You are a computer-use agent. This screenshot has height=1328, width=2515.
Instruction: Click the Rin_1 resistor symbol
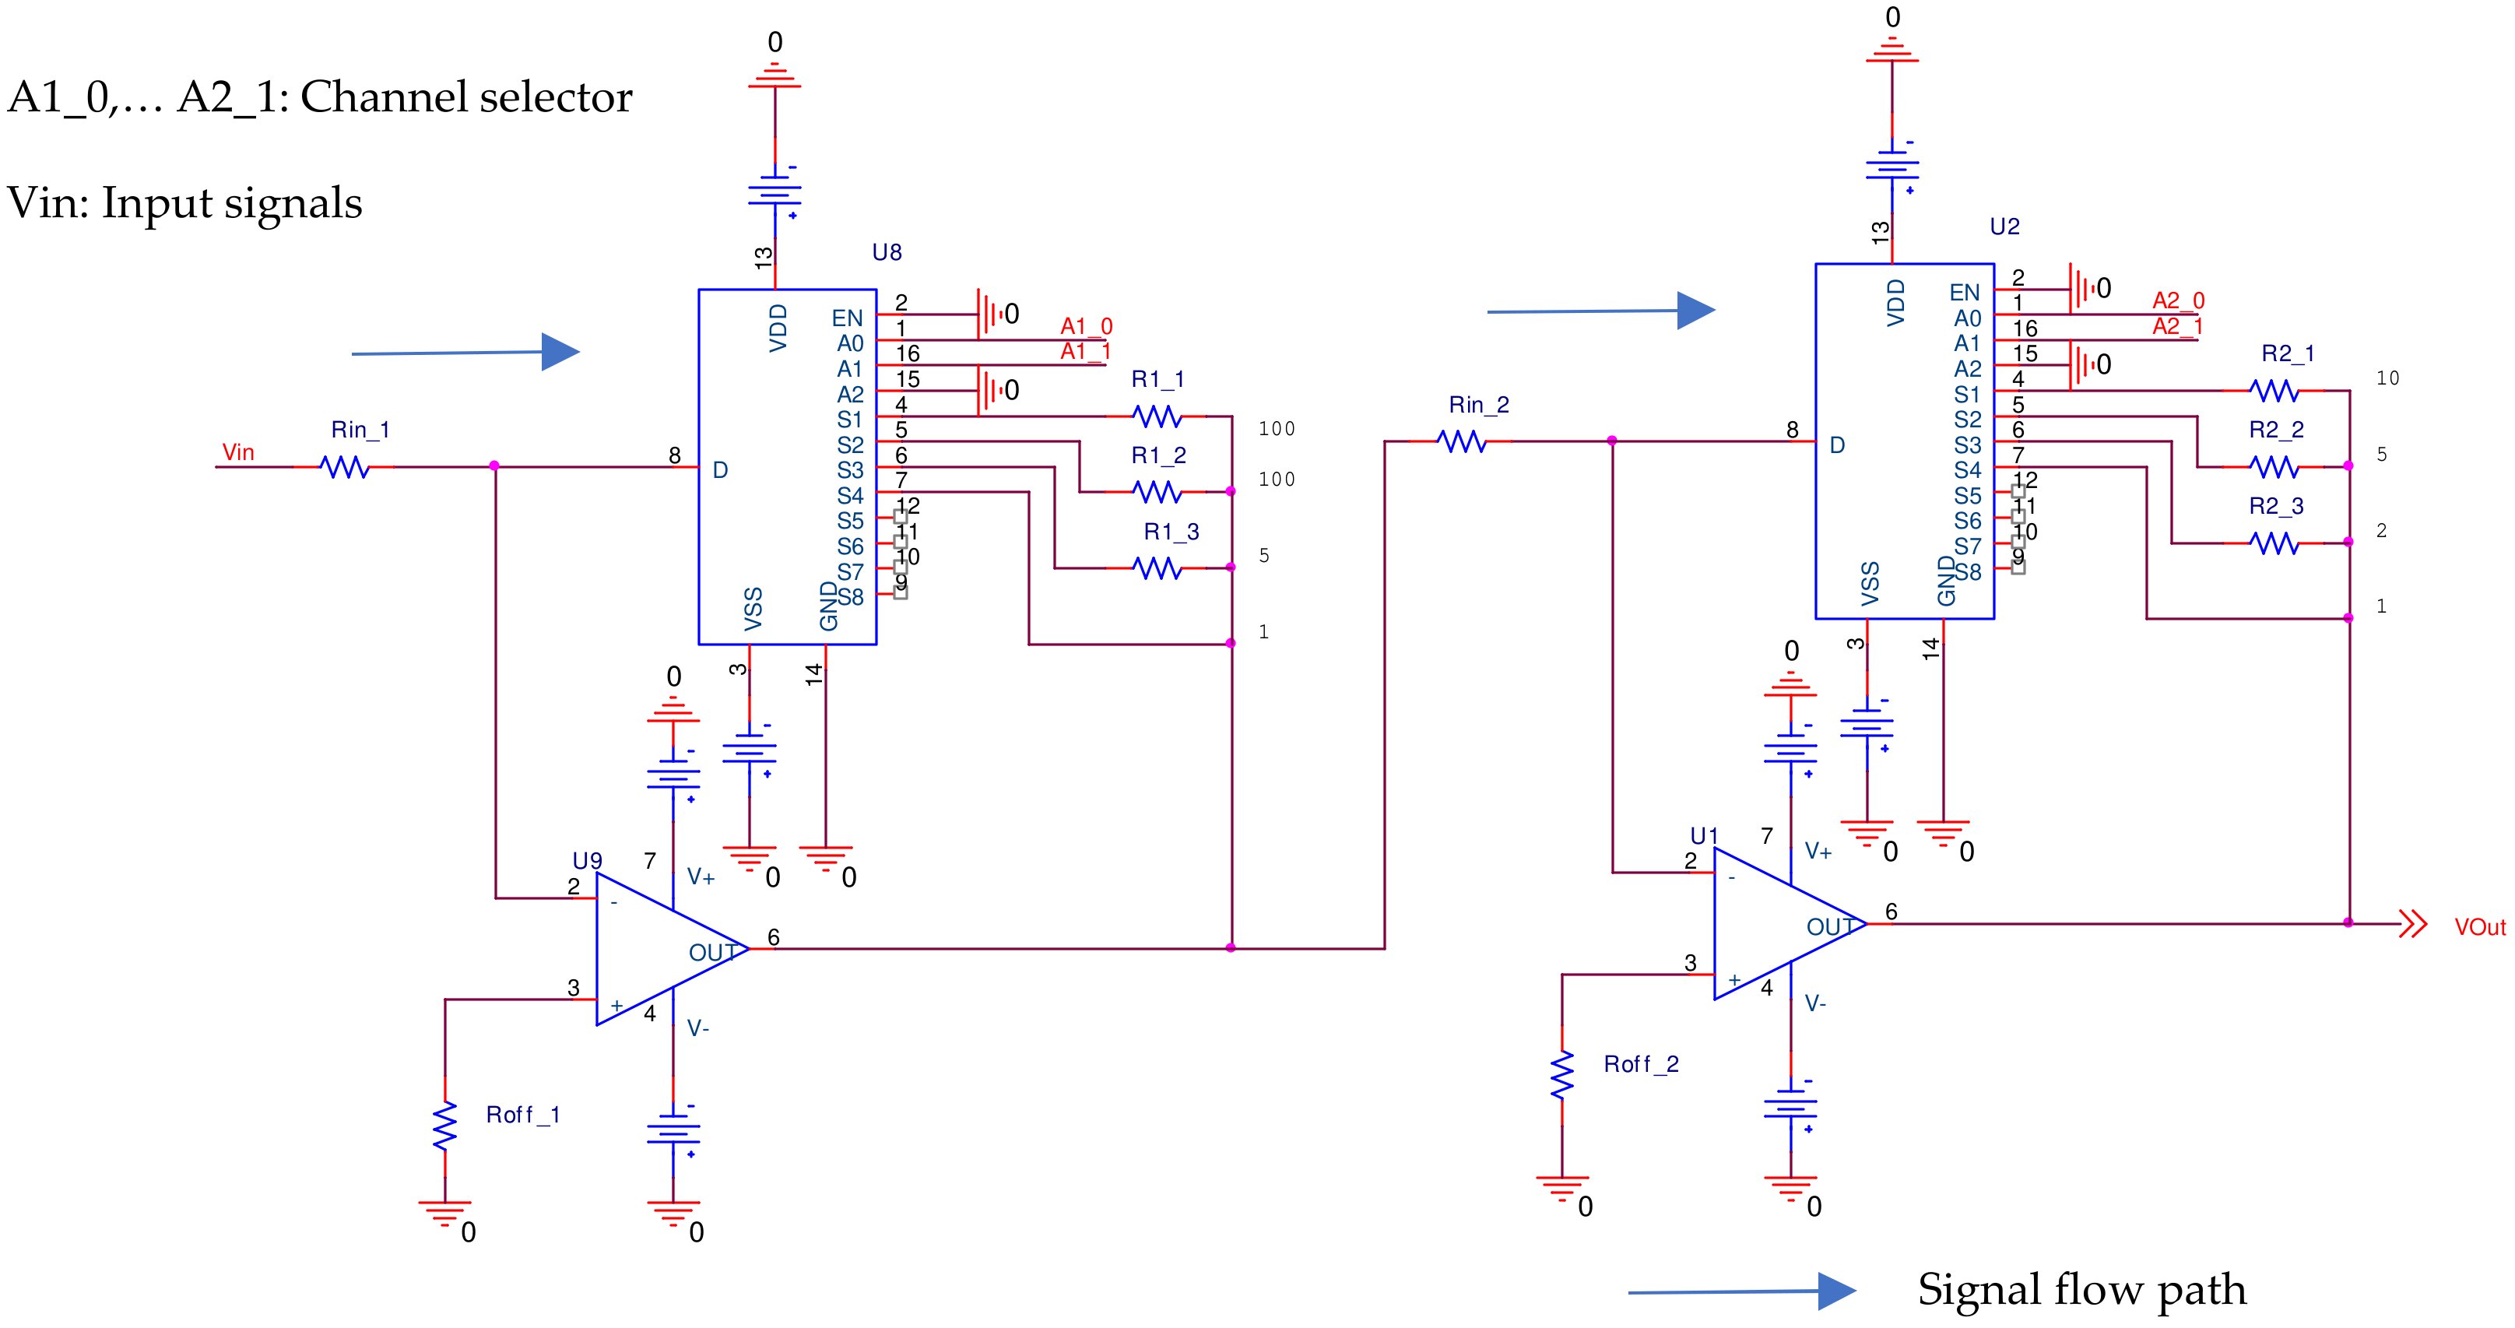coord(345,467)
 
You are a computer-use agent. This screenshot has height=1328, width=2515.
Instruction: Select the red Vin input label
coord(238,452)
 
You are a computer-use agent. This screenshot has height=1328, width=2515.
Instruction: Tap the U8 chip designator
coord(887,252)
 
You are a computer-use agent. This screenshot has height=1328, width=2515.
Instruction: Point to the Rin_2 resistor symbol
coord(1462,441)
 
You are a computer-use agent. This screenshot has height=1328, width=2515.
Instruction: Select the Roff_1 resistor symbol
coord(445,1125)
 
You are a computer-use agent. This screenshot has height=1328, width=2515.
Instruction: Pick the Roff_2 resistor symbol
coord(1562,1074)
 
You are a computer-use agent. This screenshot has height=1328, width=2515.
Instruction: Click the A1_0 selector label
coord(1086,325)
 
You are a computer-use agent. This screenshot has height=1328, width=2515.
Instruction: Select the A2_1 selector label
coord(2177,326)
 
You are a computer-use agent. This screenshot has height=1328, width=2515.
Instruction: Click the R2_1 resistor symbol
coord(2274,391)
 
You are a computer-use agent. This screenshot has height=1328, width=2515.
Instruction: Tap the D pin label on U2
coord(1836,445)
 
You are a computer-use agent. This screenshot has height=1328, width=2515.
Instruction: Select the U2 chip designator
coord(2004,227)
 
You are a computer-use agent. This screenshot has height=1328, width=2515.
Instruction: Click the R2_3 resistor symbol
coord(2274,543)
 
